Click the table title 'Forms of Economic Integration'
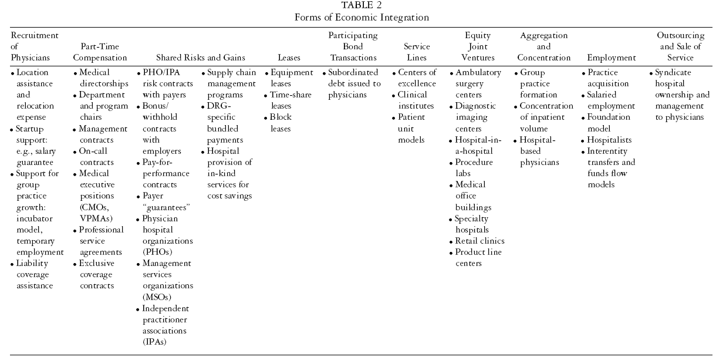coord(362,17)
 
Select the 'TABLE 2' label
coord(362,6)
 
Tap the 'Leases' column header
coord(289,58)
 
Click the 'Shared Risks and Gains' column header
coord(200,58)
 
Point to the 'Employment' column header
coord(611,58)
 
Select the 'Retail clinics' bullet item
coord(479,241)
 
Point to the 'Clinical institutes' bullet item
coord(416,100)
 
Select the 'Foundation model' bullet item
coord(609,123)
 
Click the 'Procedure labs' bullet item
coord(474,168)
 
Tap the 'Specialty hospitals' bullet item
coord(474,224)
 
